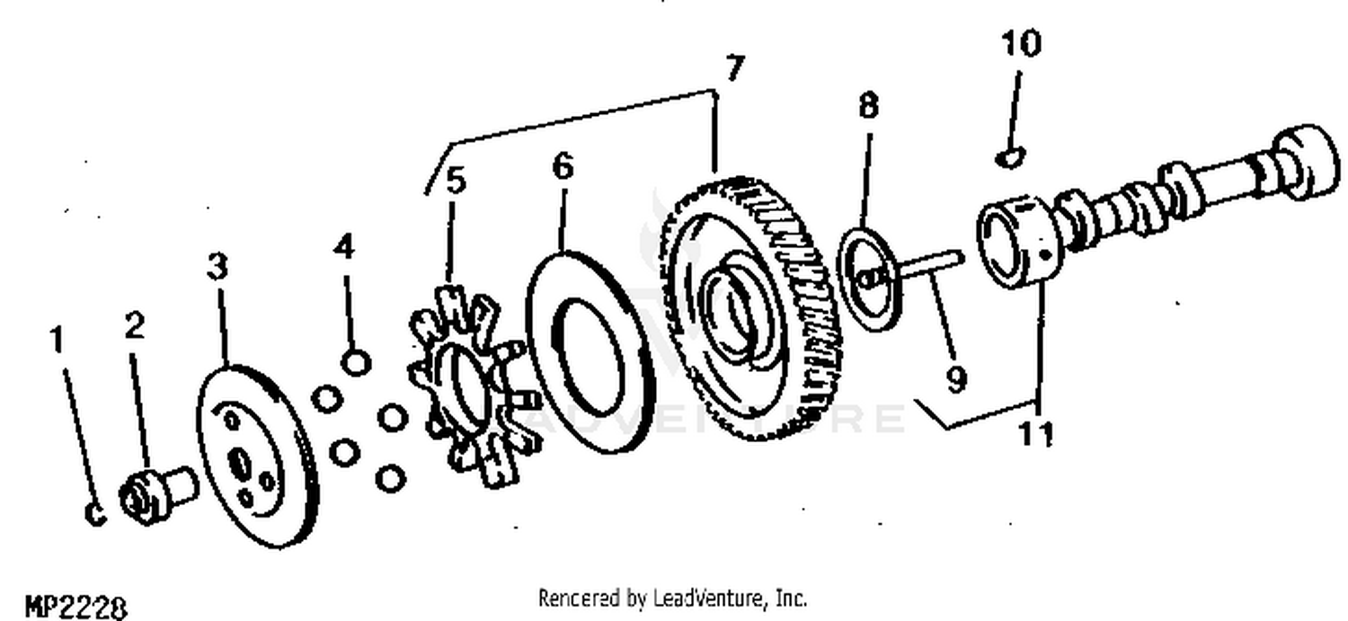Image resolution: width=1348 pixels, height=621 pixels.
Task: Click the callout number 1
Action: pos(57,341)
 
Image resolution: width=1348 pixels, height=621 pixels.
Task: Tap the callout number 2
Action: pos(134,326)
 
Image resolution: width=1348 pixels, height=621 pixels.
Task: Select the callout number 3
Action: pos(217,267)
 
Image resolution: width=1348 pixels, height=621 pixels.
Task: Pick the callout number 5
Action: pos(457,182)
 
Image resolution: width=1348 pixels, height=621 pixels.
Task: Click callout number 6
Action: pos(563,167)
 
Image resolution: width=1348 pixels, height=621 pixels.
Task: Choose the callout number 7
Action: pos(735,69)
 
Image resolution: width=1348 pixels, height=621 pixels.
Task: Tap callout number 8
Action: pos(867,106)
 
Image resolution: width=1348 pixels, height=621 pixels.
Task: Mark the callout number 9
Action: pos(956,378)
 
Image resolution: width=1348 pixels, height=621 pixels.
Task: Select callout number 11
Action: pos(1034,434)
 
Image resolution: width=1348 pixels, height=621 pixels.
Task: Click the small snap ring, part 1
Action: pos(96,513)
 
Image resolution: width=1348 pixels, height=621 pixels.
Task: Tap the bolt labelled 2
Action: pos(158,492)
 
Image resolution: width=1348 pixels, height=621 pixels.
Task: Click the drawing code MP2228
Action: pos(75,608)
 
